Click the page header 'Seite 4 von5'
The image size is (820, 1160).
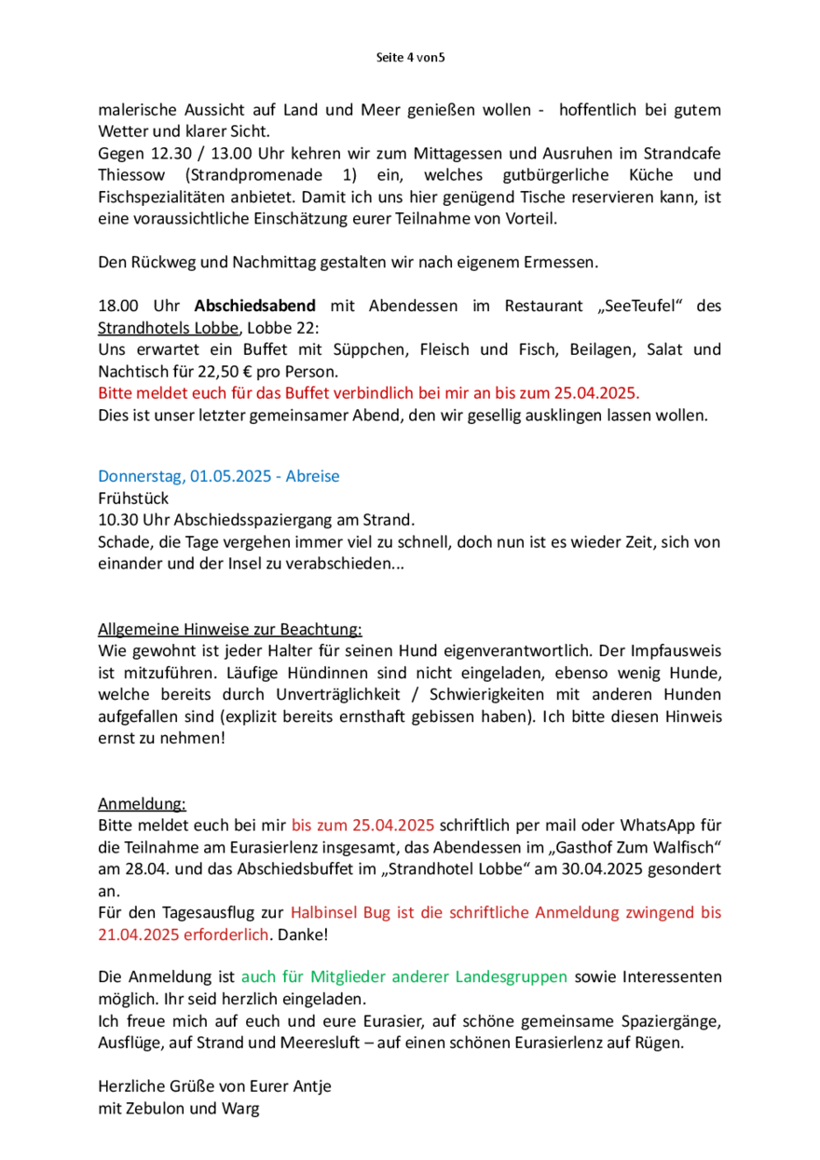[409, 58]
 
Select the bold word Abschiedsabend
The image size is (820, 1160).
[255, 306]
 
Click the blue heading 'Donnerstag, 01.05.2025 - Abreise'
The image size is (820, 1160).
[219, 476]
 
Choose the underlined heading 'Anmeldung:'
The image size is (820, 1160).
[142, 803]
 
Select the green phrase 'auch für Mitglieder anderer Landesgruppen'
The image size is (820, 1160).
[403, 977]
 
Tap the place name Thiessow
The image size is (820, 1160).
[133, 175]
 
